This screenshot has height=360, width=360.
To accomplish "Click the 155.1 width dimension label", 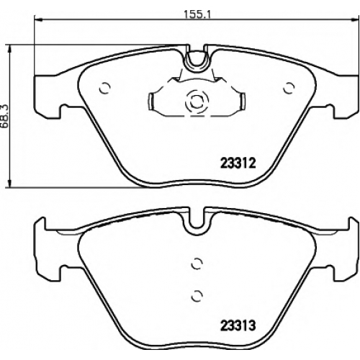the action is pos(197,15).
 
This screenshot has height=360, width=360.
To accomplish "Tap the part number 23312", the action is pos(238,163).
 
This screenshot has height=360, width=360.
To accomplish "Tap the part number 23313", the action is pos(238,326).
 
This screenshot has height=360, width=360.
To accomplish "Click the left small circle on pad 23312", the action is pos(104,88).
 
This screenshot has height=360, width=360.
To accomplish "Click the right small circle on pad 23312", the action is pos(289,88).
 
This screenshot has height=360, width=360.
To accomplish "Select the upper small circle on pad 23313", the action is pos(197,264).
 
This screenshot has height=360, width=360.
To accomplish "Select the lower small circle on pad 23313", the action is pos(197,295).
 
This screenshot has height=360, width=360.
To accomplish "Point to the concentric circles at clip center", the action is pos(197,101).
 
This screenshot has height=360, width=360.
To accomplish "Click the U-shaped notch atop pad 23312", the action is pos(197,63).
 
